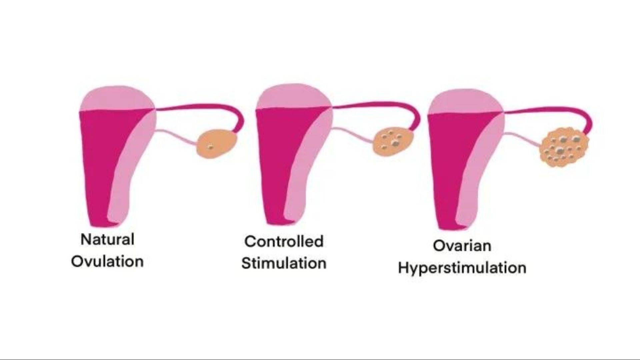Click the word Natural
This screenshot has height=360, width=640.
[x=107, y=239]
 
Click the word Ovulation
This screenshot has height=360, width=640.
[x=107, y=261]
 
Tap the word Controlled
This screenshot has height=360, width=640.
[x=284, y=241]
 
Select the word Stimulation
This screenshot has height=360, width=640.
[x=284, y=263]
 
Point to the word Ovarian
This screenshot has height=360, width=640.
[x=462, y=246]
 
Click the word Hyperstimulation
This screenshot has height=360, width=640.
[x=462, y=268]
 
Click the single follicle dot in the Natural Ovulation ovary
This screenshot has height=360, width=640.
[x=210, y=146]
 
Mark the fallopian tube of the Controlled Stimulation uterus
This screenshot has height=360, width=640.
[x=377, y=104]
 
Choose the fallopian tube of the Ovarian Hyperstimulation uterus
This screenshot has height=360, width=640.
[x=550, y=110]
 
